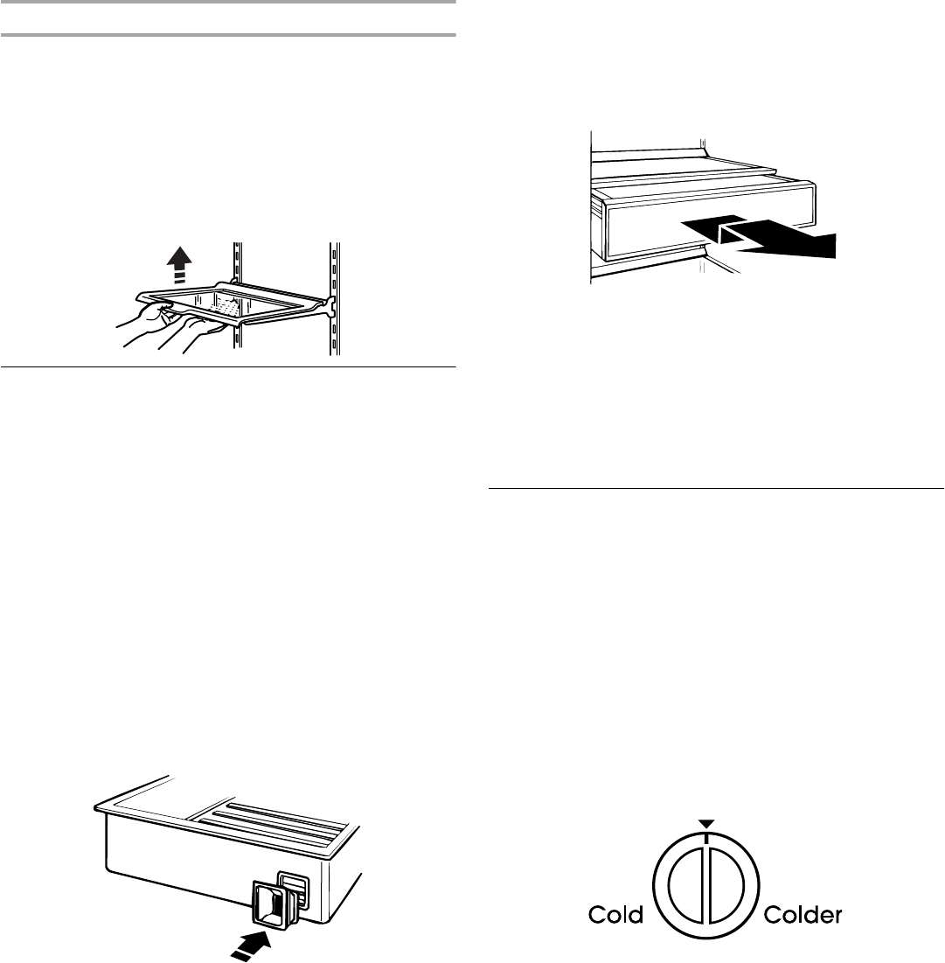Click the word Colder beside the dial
click(803, 916)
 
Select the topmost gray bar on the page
click(228, 3)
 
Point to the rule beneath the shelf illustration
click(228, 366)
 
